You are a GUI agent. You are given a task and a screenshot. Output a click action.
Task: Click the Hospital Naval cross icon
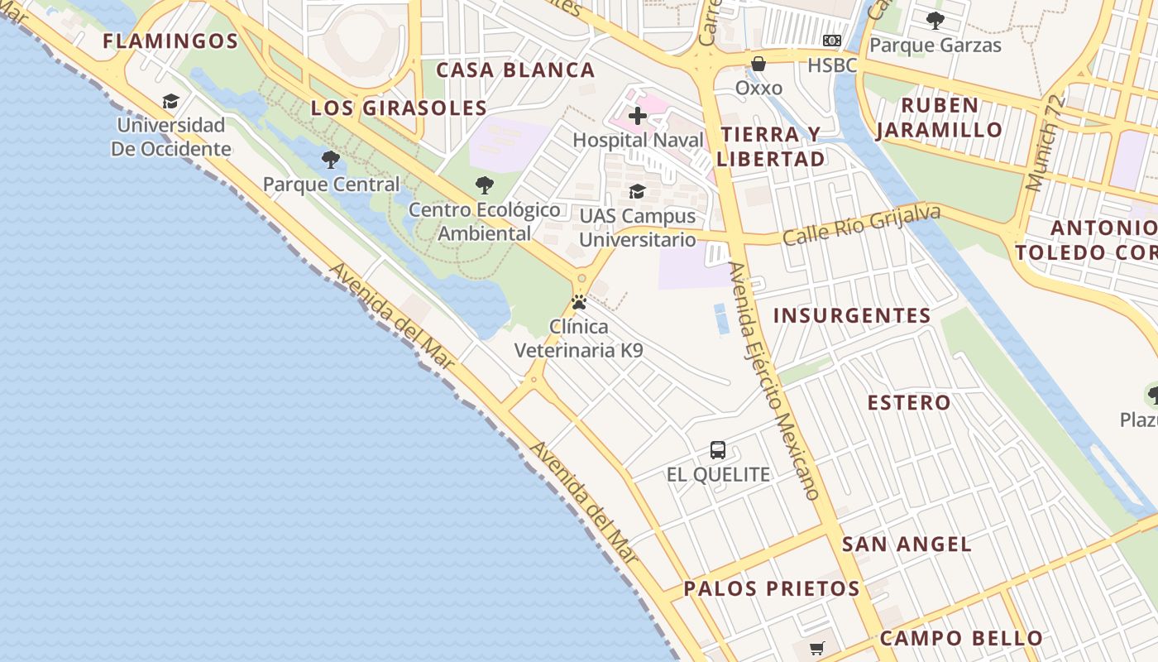click(637, 116)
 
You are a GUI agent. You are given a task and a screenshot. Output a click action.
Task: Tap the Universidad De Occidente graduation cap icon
click(170, 101)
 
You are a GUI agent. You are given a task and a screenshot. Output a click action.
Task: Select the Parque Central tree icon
click(331, 160)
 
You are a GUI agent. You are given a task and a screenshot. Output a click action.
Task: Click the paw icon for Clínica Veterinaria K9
click(579, 302)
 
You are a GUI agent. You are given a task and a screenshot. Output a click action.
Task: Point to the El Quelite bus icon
click(718, 450)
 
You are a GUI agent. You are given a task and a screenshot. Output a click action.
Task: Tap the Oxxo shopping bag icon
click(758, 64)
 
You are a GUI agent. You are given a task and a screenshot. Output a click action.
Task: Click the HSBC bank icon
click(831, 41)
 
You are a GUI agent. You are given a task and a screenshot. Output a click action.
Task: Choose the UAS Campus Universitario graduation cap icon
click(637, 191)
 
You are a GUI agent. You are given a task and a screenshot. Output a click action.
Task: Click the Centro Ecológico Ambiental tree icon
click(485, 185)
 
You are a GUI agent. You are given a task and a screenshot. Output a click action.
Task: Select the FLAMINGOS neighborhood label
click(170, 41)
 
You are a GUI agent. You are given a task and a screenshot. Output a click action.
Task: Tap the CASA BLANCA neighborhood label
click(515, 70)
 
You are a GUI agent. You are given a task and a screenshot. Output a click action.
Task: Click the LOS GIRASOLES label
click(399, 108)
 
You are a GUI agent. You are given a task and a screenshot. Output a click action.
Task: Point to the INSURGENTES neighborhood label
click(852, 315)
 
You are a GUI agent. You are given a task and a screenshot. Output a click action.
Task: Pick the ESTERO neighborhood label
click(908, 403)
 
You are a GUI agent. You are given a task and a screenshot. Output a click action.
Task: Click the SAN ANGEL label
click(907, 544)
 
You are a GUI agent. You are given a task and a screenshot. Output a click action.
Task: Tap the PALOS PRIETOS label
click(772, 589)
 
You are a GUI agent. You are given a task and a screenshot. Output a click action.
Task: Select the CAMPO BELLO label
click(961, 639)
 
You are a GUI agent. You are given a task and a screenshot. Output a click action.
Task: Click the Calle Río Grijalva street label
click(861, 224)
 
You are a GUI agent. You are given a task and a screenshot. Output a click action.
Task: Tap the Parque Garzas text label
click(935, 46)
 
